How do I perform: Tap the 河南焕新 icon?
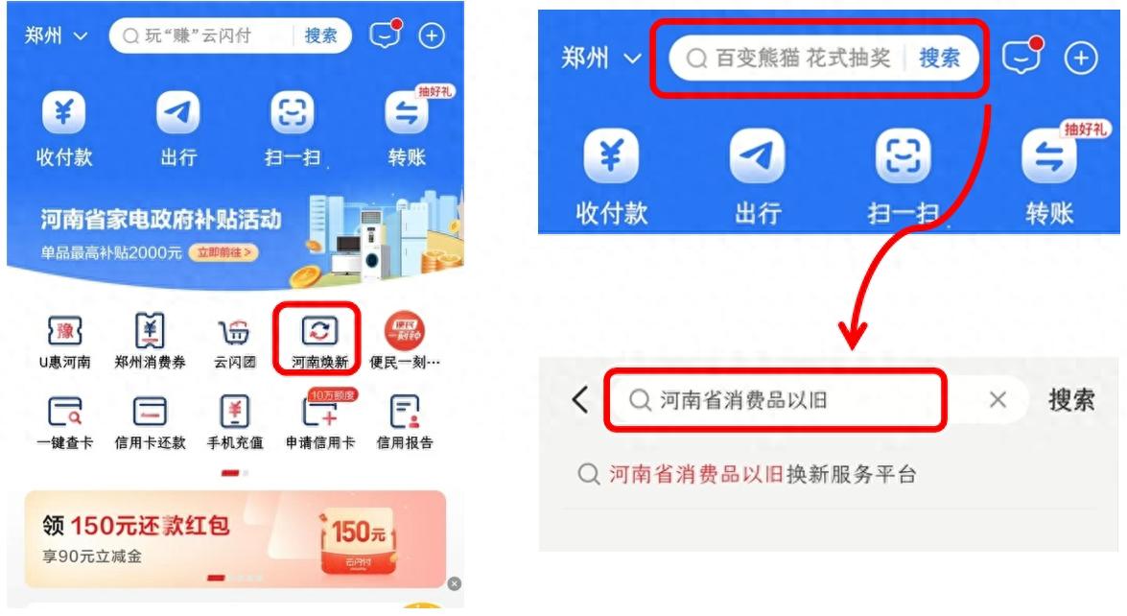click(x=319, y=331)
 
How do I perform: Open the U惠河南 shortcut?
click(x=64, y=331)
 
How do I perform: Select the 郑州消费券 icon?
click(x=150, y=331)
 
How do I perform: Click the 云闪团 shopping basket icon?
click(x=234, y=332)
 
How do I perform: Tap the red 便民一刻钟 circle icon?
click(x=405, y=331)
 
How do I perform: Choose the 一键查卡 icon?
click(x=64, y=412)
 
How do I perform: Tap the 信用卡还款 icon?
click(x=150, y=412)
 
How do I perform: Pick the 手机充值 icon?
click(x=234, y=412)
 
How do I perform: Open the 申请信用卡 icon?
click(x=319, y=411)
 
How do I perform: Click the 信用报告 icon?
click(x=405, y=412)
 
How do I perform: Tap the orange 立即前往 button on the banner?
click(x=223, y=252)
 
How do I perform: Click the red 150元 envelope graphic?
click(x=357, y=540)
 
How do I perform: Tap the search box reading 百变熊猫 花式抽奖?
click(x=824, y=58)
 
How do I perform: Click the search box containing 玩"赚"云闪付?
click(x=230, y=36)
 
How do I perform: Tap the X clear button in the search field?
click(x=998, y=400)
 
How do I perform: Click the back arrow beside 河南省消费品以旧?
click(x=580, y=400)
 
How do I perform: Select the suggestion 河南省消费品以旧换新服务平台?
click(x=763, y=474)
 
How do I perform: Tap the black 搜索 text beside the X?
click(x=1071, y=400)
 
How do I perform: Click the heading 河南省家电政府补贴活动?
click(x=161, y=219)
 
